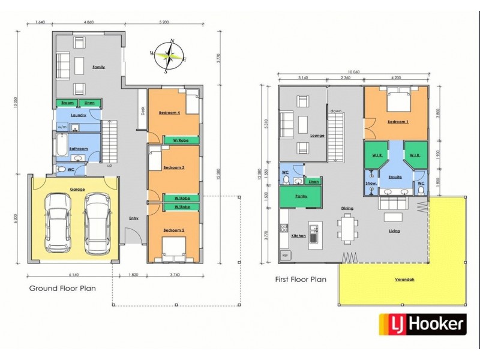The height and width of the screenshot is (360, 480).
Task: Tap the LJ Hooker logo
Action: click(422, 325)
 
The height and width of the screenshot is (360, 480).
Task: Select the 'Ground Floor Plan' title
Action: click(62, 288)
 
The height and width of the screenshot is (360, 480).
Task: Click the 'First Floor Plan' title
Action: click(300, 279)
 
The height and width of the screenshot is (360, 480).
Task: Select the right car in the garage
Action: click(96, 223)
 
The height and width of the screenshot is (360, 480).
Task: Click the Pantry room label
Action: click(301, 196)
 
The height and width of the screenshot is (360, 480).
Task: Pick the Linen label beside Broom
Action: click(89, 103)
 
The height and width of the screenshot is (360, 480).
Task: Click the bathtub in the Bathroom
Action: click(62, 145)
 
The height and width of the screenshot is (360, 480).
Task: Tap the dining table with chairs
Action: click(347, 228)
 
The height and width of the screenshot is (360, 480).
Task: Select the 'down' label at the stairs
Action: click(335, 111)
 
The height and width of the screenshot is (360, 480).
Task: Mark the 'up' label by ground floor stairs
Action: click(109, 164)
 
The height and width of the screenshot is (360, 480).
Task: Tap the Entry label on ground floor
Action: click(133, 218)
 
